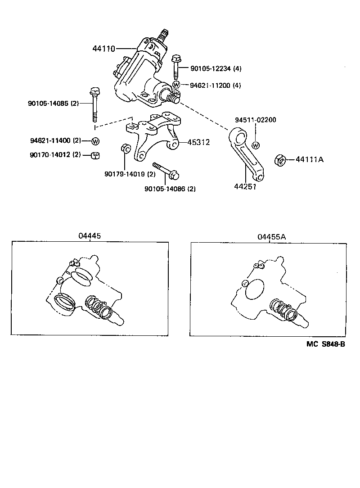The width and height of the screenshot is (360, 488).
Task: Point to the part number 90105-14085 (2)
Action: click(x=53, y=104)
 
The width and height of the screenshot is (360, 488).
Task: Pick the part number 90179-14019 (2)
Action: click(x=130, y=174)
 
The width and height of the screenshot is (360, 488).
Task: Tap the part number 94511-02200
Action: click(x=256, y=120)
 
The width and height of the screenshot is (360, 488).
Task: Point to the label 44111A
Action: click(x=310, y=159)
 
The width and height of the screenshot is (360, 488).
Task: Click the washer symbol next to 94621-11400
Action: click(x=95, y=141)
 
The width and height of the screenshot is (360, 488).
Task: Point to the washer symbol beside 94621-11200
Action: click(x=176, y=85)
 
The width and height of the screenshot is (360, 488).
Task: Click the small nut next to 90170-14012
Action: click(x=95, y=155)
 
